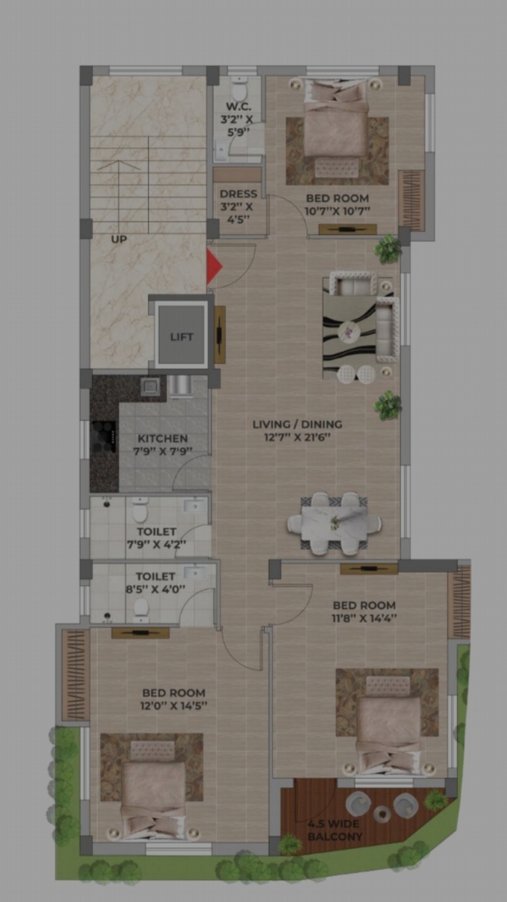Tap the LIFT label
click(x=182, y=337)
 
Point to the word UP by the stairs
click(x=119, y=240)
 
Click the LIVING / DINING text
click(x=298, y=425)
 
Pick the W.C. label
click(x=237, y=107)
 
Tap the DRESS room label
click(x=238, y=194)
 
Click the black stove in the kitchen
click(x=104, y=438)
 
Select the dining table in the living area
click(x=333, y=523)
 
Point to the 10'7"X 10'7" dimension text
click(x=337, y=211)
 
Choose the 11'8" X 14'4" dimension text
click(x=364, y=619)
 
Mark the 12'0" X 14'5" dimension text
click(x=174, y=706)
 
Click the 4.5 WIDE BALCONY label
click(x=335, y=830)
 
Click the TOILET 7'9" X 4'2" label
click(x=157, y=538)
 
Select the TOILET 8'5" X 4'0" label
click(x=155, y=582)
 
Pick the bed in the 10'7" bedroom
click(x=336, y=128)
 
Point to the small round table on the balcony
click(x=381, y=814)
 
